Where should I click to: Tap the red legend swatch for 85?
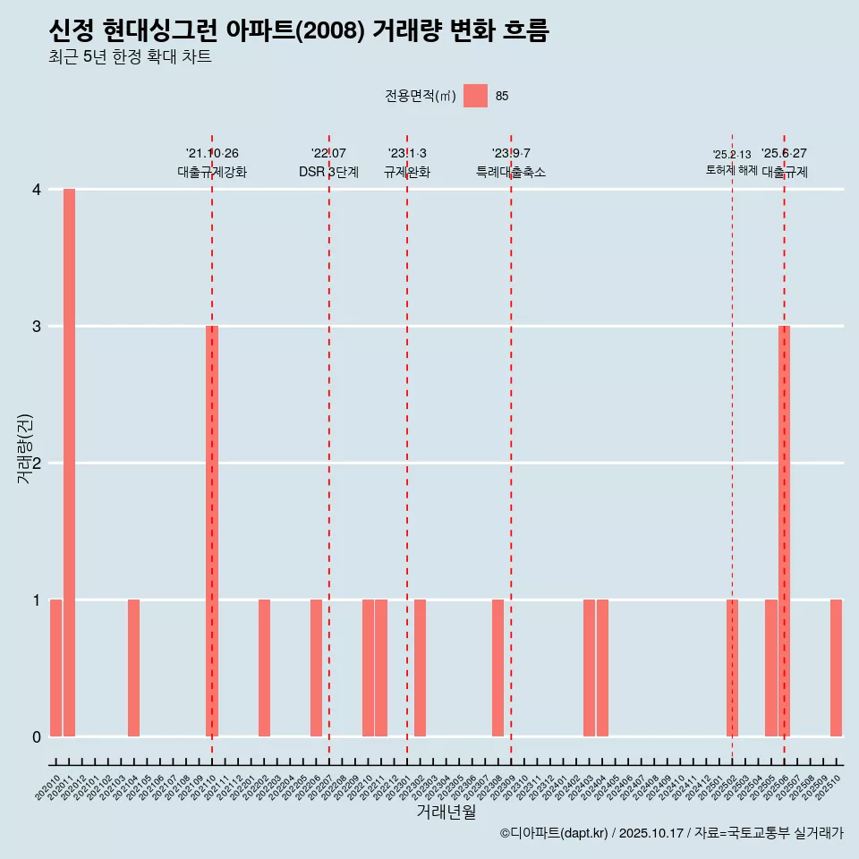[475, 96]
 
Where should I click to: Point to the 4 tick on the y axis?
[37, 190]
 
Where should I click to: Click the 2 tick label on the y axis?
[37, 464]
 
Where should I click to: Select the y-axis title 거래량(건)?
[25, 448]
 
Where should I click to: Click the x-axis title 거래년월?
[446, 812]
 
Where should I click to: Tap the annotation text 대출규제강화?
[212, 173]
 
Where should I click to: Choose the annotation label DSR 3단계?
[328, 173]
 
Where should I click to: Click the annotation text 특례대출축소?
[511, 173]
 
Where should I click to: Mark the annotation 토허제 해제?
[731, 170]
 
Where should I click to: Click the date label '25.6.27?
[784, 154]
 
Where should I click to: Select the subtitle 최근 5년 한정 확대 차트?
[131, 58]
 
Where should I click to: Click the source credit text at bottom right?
[671, 833]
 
